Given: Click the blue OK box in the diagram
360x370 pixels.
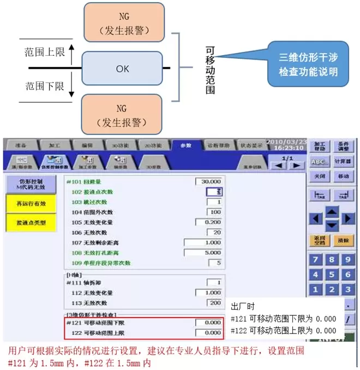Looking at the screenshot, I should (x=122, y=69).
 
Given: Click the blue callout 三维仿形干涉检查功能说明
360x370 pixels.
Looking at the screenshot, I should (x=308, y=64).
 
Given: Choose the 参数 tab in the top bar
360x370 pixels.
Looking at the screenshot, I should (x=185, y=146).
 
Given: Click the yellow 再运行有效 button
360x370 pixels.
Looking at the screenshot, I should (x=29, y=204).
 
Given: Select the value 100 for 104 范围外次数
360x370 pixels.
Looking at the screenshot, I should (x=214, y=212).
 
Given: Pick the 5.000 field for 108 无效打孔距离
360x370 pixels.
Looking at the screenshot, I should (x=203, y=253).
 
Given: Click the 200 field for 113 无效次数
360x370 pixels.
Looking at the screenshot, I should (x=214, y=303).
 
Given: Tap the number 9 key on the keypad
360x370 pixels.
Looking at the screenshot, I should (x=346, y=259).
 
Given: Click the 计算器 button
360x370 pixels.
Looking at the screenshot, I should (x=343, y=162).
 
